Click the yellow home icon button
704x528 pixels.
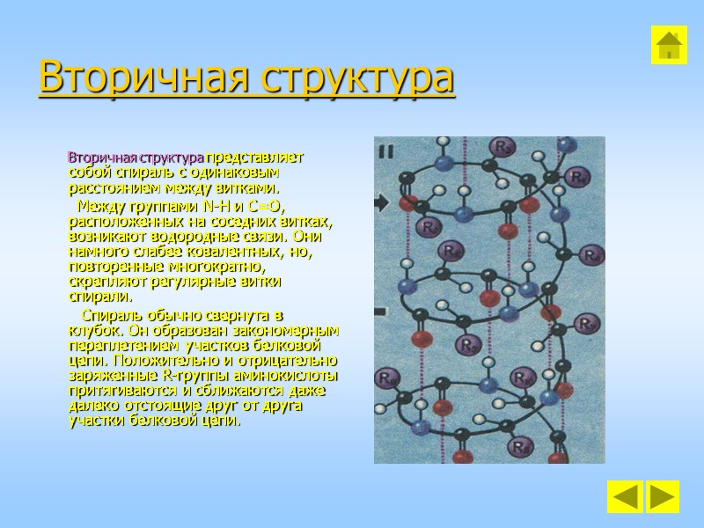click(x=668, y=44)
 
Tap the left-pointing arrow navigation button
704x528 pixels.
click(x=624, y=496)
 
